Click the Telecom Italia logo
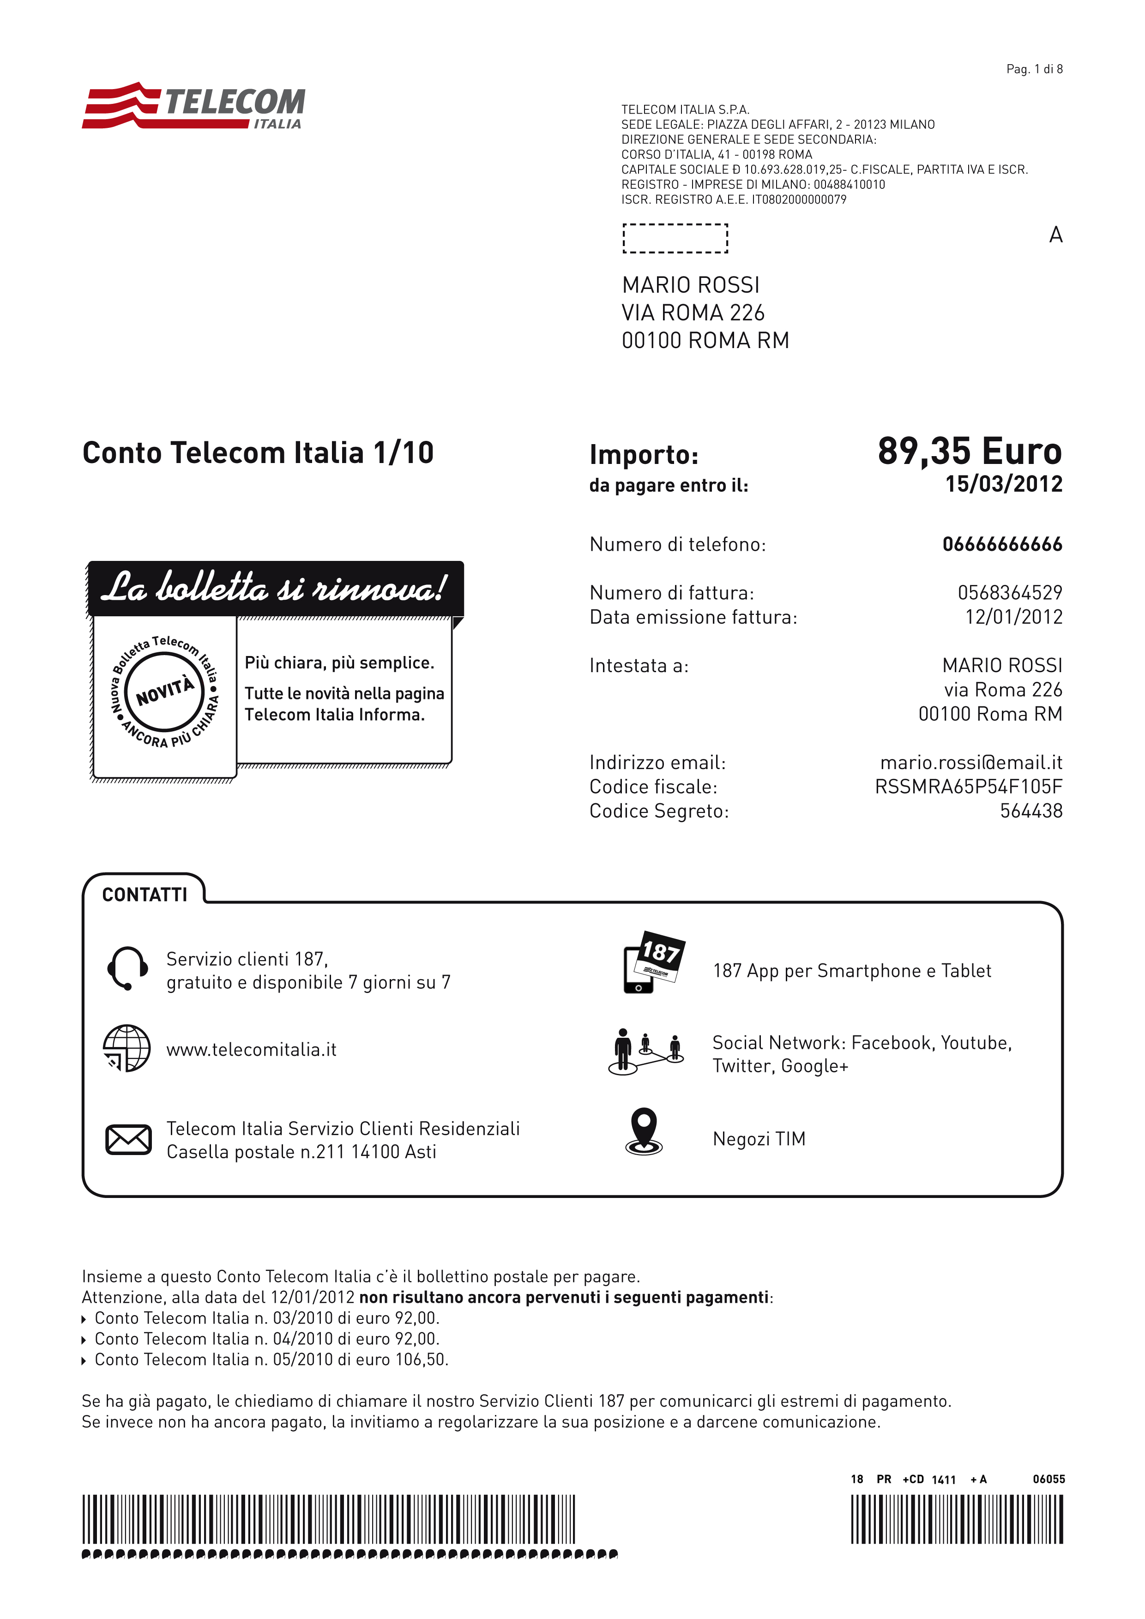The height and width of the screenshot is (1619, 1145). tap(194, 107)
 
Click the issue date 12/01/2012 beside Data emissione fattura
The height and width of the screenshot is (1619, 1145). tap(1013, 617)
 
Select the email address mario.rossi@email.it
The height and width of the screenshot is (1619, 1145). tap(971, 763)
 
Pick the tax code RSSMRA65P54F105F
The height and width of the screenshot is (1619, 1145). tap(968, 787)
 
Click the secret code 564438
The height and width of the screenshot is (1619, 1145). tap(1031, 811)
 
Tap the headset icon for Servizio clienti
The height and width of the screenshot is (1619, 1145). tap(127, 968)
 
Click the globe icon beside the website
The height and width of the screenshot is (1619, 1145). tap(127, 1048)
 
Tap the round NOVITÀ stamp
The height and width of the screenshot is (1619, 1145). tap(165, 692)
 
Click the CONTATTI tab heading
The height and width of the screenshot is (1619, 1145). tap(145, 895)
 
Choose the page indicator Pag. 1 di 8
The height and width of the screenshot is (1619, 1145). tap(1034, 69)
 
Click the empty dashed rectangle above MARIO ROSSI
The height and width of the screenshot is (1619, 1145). tap(675, 238)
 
